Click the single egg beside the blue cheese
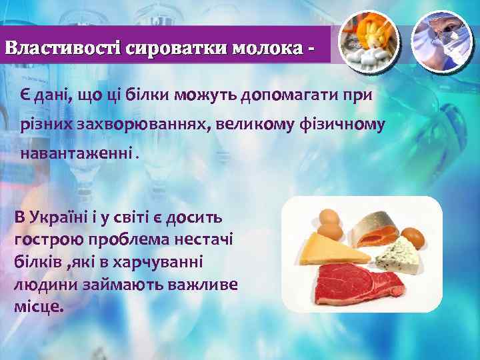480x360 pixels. pyautogui.click(x=413, y=236)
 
